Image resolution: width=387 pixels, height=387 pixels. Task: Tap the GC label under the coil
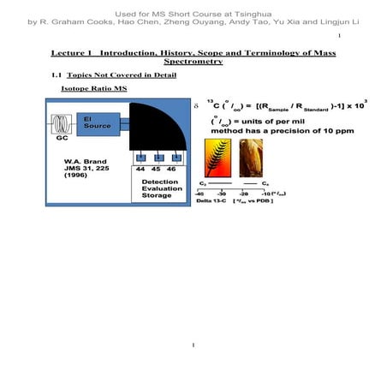click(x=62, y=138)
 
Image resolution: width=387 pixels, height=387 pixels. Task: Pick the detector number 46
click(x=176, y=170)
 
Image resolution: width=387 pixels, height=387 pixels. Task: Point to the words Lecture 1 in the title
click(x=71, y=53)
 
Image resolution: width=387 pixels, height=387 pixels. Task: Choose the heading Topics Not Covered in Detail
click(x=120, y=75)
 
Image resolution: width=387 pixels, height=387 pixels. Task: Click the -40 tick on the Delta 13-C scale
click(x=199, y=193)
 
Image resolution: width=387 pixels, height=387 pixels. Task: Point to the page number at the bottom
click(x=193, y=346)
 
